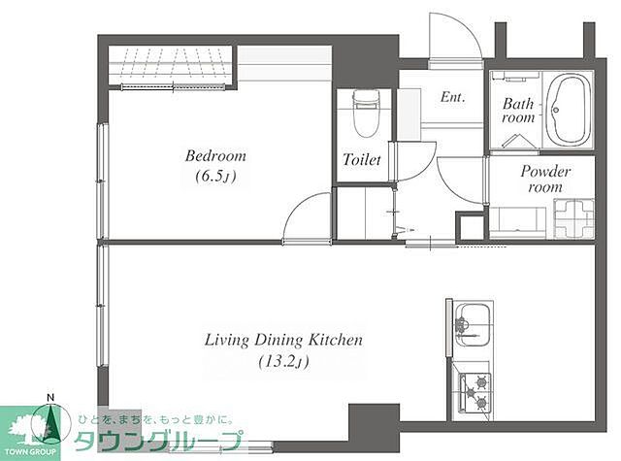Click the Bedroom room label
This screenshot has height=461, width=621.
coord(215,155)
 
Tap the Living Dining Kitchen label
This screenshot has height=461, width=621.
coord(283,340)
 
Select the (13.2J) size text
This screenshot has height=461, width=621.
coord(283,362)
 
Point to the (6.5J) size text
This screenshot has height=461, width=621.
coord(215,177)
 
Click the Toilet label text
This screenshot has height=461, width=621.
coord(362,159)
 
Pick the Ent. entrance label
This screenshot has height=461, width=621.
coord(453,97)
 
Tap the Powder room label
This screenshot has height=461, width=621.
coord(545,179)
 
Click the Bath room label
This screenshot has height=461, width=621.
coord(518,111)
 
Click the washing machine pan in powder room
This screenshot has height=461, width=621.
coord(573,219)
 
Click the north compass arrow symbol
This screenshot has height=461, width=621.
coord(50,420)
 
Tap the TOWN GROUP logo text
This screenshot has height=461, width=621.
coord(30,452)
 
